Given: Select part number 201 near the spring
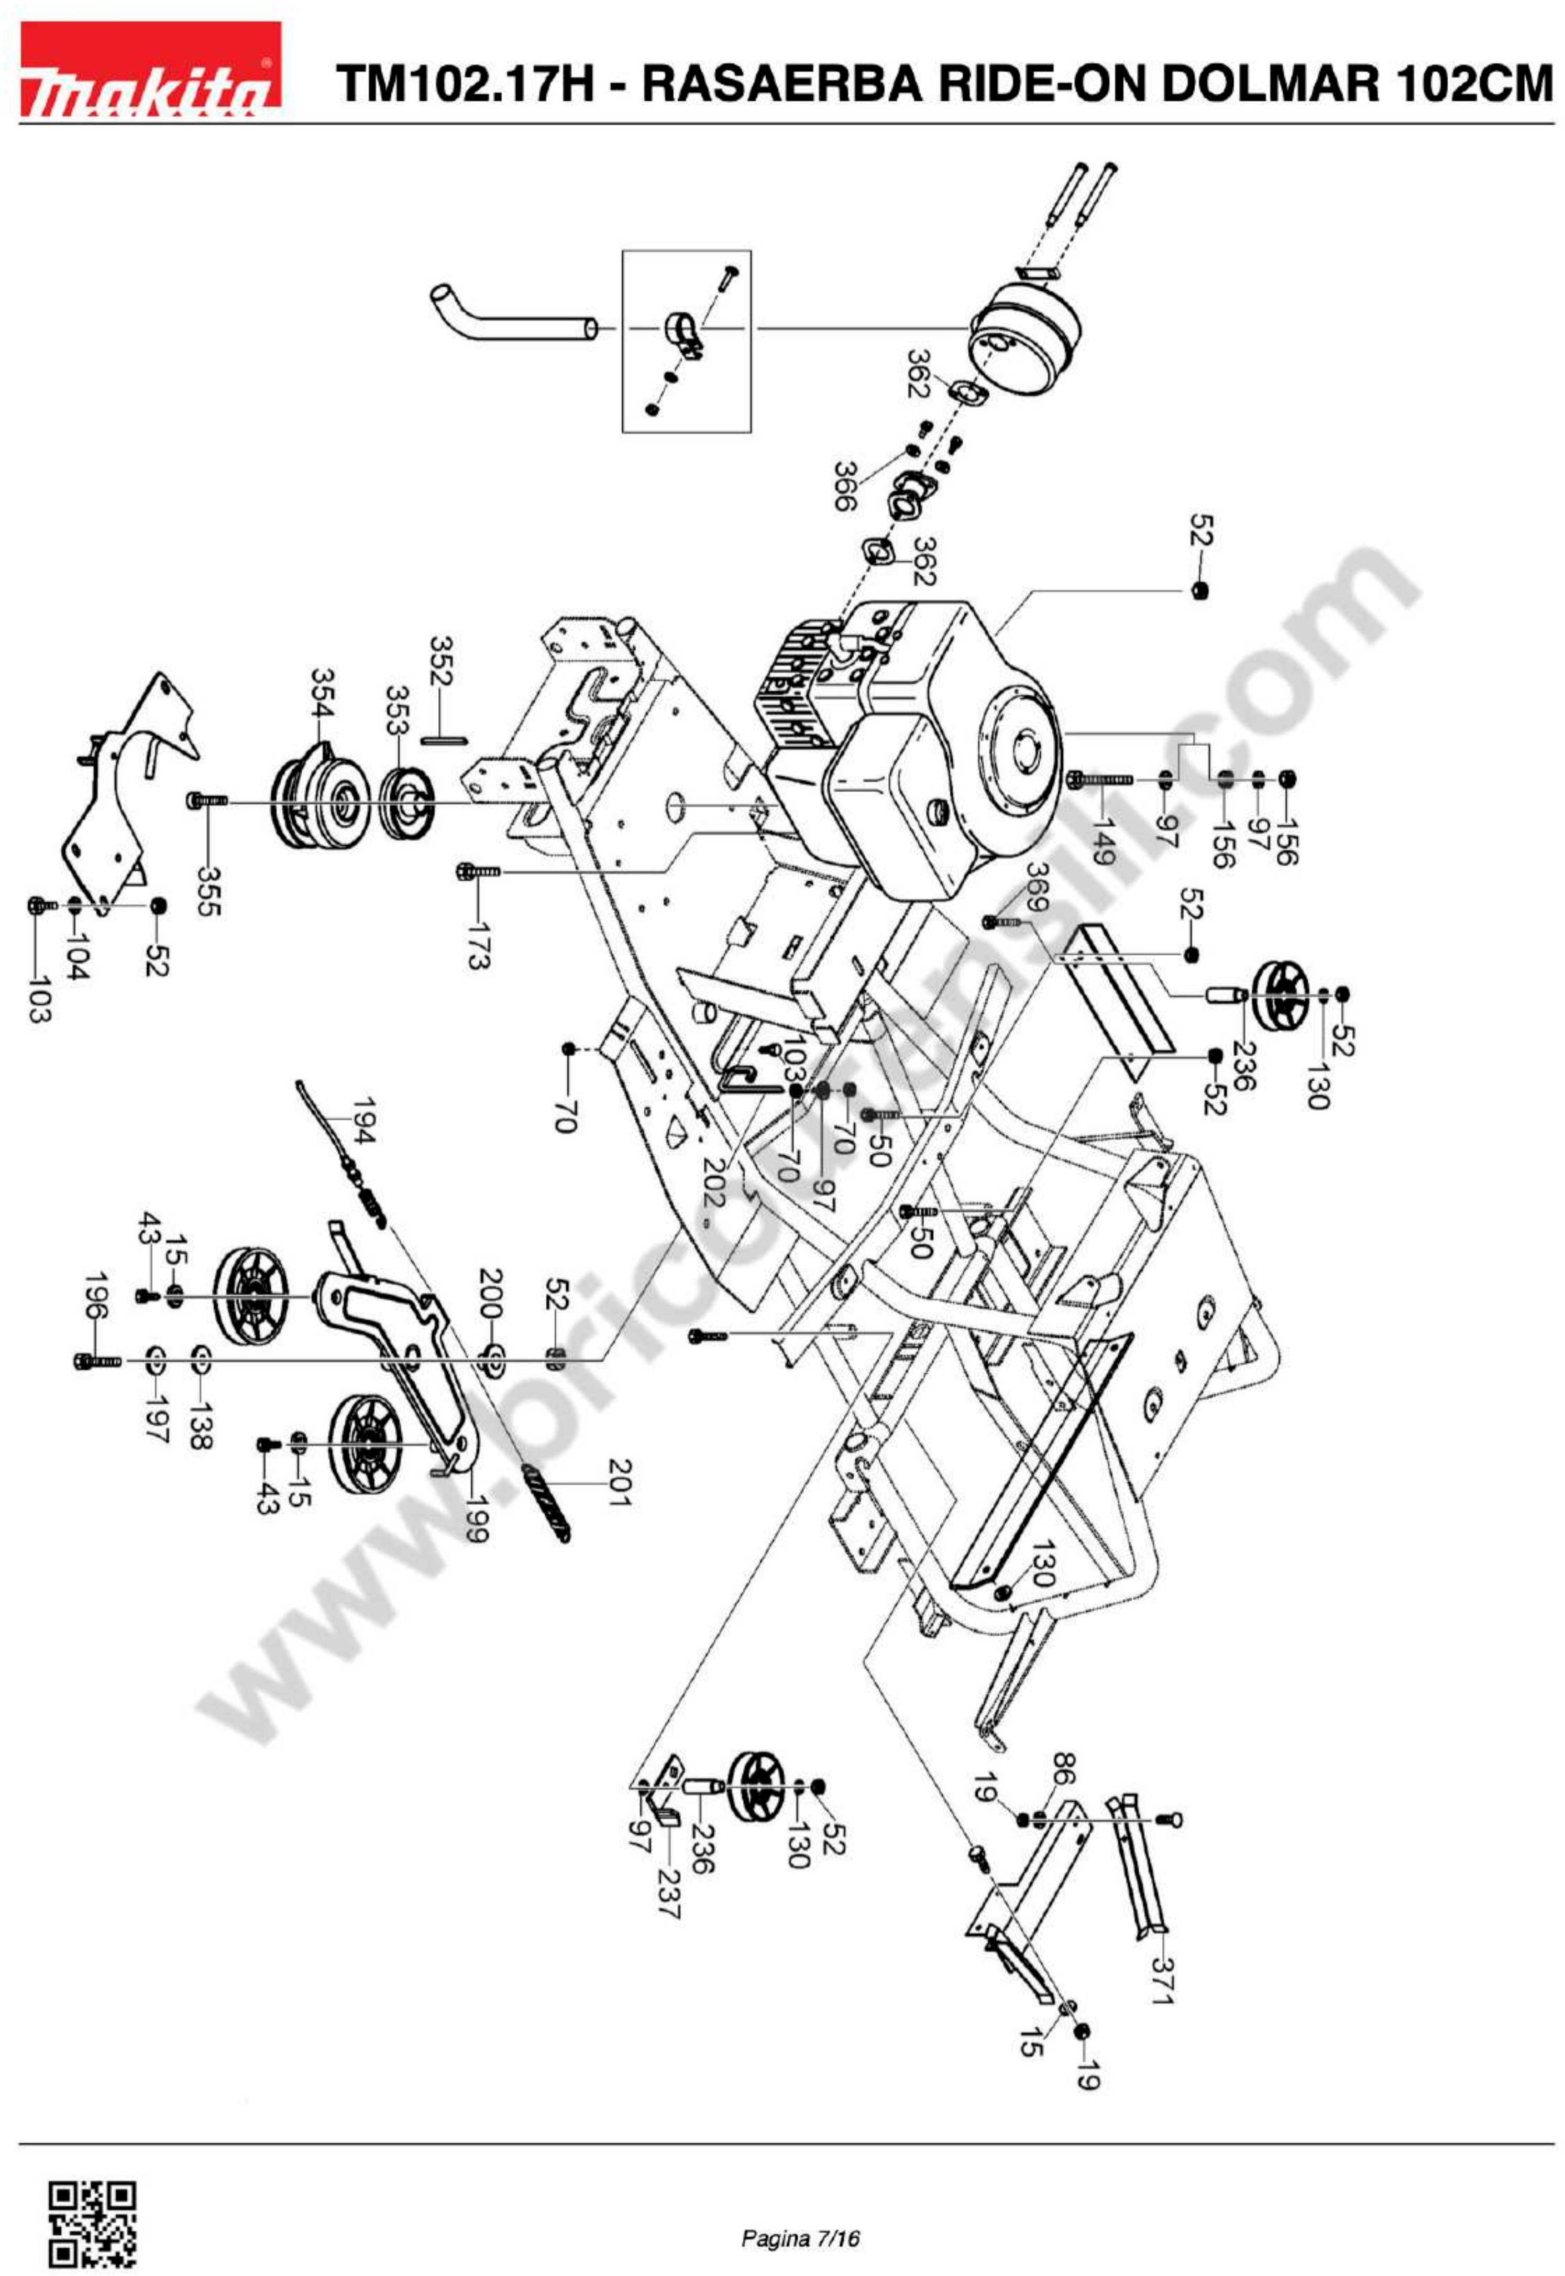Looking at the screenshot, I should [620, 1483].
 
